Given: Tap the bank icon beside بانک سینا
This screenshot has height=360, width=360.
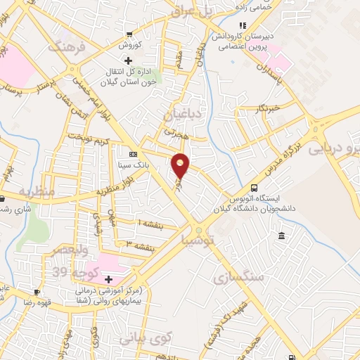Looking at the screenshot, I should coord(133,154).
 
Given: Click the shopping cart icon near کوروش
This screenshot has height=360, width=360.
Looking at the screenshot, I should coord(129,34).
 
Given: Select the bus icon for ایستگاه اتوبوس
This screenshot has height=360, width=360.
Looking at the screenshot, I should coord(254,188).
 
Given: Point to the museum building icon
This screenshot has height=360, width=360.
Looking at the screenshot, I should coord(281,234).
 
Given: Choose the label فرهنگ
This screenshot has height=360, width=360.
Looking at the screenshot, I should coord(65,47).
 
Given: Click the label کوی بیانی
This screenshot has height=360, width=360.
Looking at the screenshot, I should coord(145,337).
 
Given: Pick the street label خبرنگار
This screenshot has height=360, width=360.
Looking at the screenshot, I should coord(269,108).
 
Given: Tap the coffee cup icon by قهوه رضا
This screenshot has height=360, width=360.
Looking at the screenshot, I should coord(37,290).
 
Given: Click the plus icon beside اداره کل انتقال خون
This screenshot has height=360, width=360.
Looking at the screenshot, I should coord(127,60).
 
